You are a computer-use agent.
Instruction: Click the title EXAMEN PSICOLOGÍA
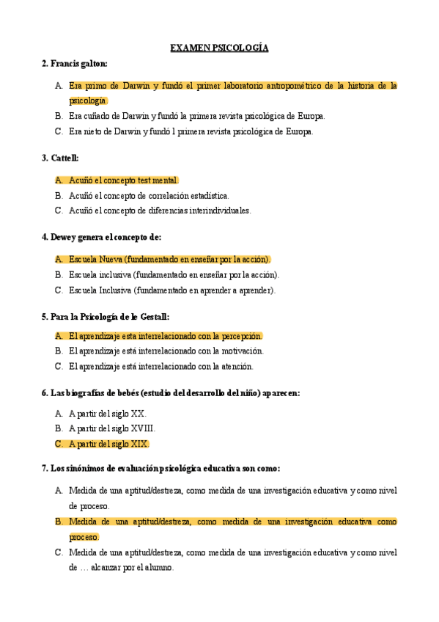pos(219,48)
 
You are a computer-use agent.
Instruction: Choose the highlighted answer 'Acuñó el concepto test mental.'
pos(123,180)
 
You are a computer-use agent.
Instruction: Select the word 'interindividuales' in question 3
pos(218,211)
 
